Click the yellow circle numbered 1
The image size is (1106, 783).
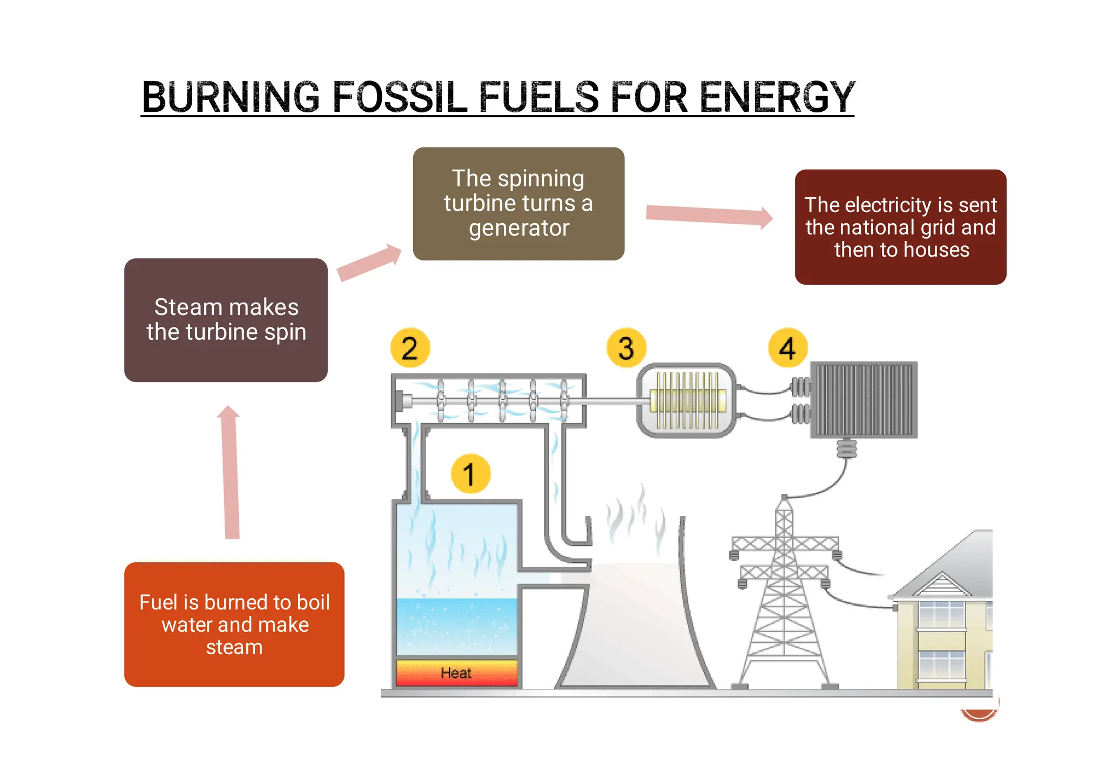(470, 474)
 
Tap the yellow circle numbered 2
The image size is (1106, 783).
(410, 348)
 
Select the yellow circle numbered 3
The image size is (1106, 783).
(626, 348)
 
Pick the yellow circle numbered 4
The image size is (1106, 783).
(787, 348)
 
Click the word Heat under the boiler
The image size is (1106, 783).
(456, 673)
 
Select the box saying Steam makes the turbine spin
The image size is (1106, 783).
(226, 320)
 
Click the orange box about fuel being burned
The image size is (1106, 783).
(234, 624)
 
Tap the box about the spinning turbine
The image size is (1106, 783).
(518, 204)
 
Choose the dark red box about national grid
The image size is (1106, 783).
(900, 227)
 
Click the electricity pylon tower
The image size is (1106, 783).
(784, 594)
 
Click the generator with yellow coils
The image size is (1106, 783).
(687, 400)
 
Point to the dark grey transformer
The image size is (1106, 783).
(864, 400)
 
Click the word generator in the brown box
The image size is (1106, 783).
(519, 228)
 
